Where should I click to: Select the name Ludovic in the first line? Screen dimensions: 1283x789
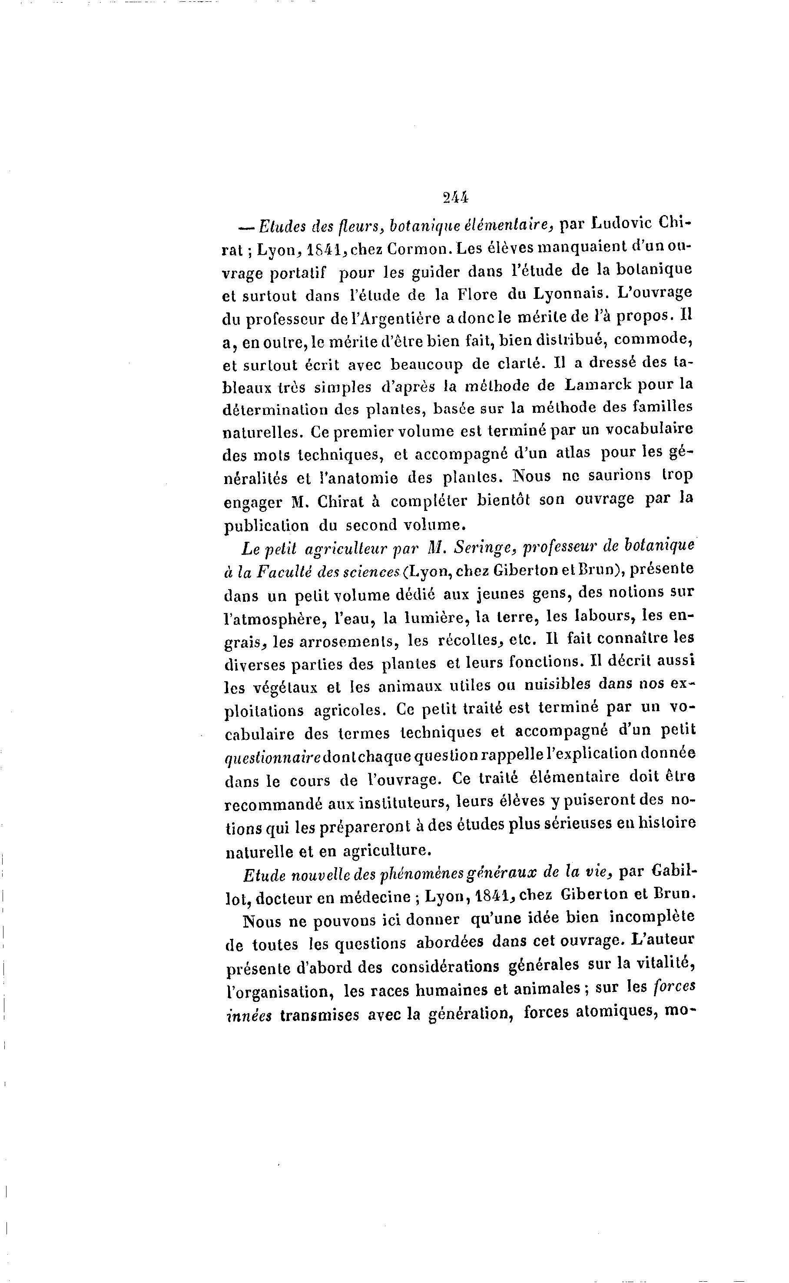[622, 224]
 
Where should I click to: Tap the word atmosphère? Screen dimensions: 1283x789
[273, 619]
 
